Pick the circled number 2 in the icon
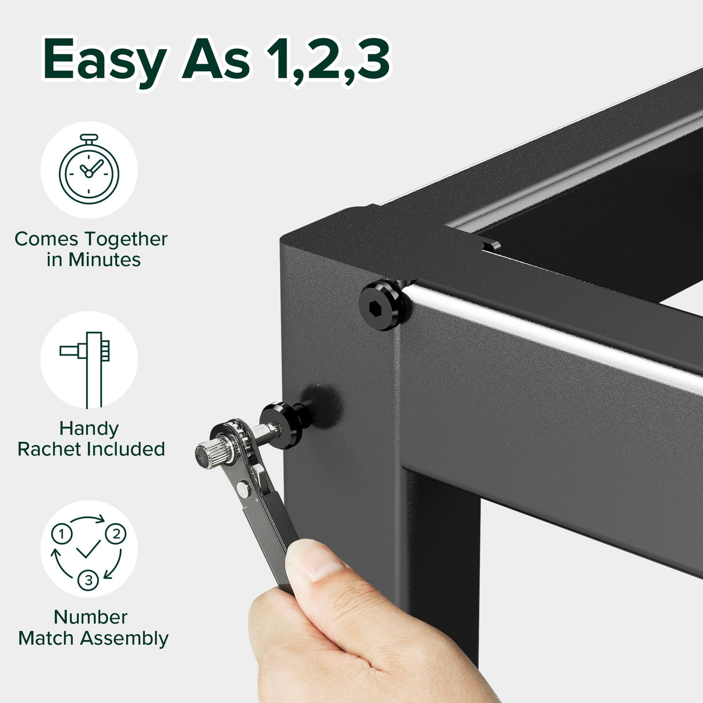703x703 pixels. tap(116, 533)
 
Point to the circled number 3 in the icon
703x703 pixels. tap(89, 580)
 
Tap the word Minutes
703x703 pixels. tap(104, 260)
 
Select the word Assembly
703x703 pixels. tap(125, 638)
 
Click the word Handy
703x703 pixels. tap(89, 429)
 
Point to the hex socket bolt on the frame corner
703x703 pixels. tap(381, 305)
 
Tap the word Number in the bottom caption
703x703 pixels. tap(90, 617)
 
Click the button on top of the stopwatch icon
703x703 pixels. tap(89, 138)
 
